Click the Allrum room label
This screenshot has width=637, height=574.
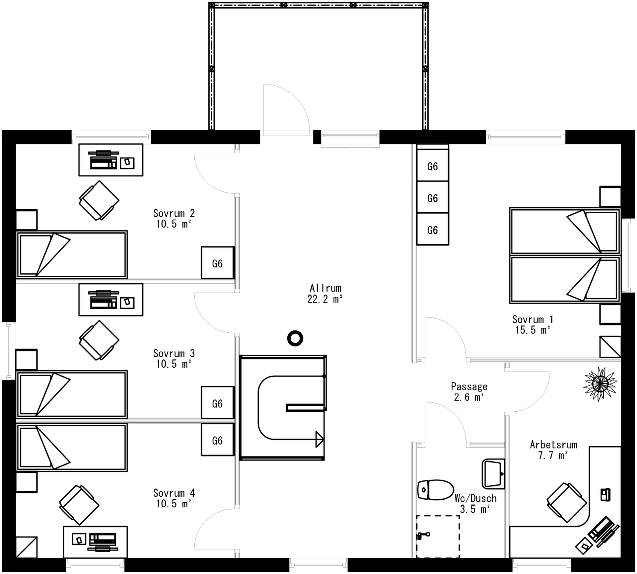point(325,288)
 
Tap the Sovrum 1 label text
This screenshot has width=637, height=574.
point(532,319)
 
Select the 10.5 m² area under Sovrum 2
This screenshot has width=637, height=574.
point(173,224)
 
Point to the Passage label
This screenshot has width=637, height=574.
point(469,387)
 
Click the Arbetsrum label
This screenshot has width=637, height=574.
point(553,445)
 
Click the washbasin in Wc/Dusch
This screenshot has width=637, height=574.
point(494,474)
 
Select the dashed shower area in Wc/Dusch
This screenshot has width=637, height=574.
point(438,536)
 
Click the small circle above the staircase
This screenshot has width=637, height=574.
point(295,338)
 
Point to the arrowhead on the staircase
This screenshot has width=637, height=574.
point(319,439)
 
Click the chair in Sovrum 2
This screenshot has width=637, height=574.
point(99,200)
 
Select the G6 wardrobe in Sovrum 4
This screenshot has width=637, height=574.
point(218,440)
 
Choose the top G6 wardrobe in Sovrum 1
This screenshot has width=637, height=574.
point(432,166)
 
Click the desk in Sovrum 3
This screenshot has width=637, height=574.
point(111,300)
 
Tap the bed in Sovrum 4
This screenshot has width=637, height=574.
point(72,447)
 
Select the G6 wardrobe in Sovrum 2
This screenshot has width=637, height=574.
point(218,263)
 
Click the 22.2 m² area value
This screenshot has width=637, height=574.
point(325,299)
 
